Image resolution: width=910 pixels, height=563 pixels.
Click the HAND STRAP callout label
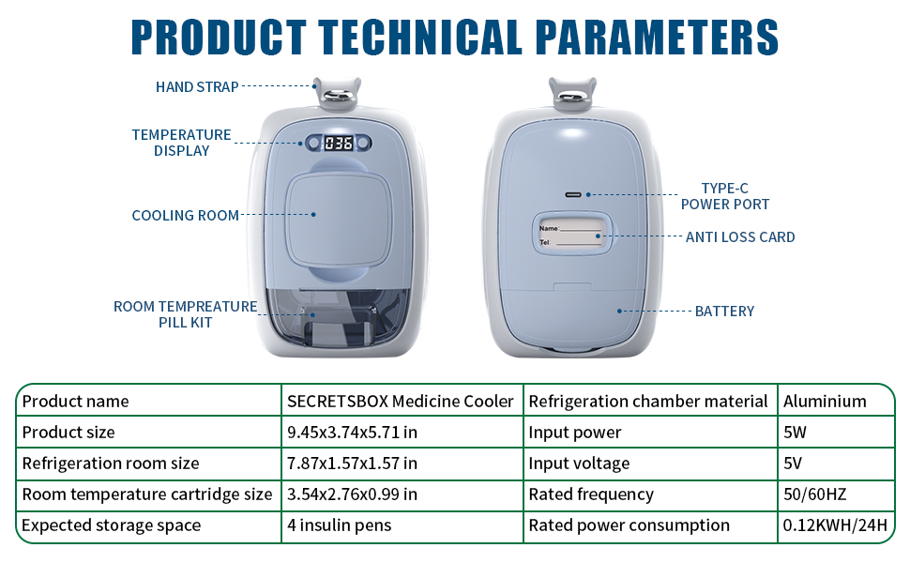click(x=197, y=87)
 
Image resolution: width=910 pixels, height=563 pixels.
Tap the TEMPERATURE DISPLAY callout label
click(x=181, y=143)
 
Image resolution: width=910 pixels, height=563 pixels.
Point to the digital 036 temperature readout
click(x=338, y=144)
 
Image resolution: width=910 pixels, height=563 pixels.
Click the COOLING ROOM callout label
click(x=185, y=216)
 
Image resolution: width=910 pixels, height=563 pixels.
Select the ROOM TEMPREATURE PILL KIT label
click(x=185, y=314)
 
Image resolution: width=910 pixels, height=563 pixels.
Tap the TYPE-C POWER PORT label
click(x=725, y=196)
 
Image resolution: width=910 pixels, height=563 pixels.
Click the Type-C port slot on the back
click(x=573, y=194)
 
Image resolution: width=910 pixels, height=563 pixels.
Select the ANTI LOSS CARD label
click(x=740, y=237)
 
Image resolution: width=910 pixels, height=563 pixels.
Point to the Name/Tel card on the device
click(x=568, y=235)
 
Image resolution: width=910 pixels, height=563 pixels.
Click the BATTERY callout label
click(x=724, y=311)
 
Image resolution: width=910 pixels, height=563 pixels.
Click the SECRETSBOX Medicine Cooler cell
click(x=400, y=402)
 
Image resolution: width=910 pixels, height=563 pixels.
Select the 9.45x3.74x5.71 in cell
click(x=352, y=433)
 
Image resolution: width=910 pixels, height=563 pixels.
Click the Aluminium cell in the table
click(x=825, y=402)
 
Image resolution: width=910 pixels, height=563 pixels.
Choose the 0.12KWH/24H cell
click(x=834, y=525)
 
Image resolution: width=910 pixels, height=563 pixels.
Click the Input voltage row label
click(x=579, y=464)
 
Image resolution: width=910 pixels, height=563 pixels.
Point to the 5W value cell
click(x=796, y=433)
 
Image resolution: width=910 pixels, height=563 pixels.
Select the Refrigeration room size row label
click(x=111, y=464)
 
